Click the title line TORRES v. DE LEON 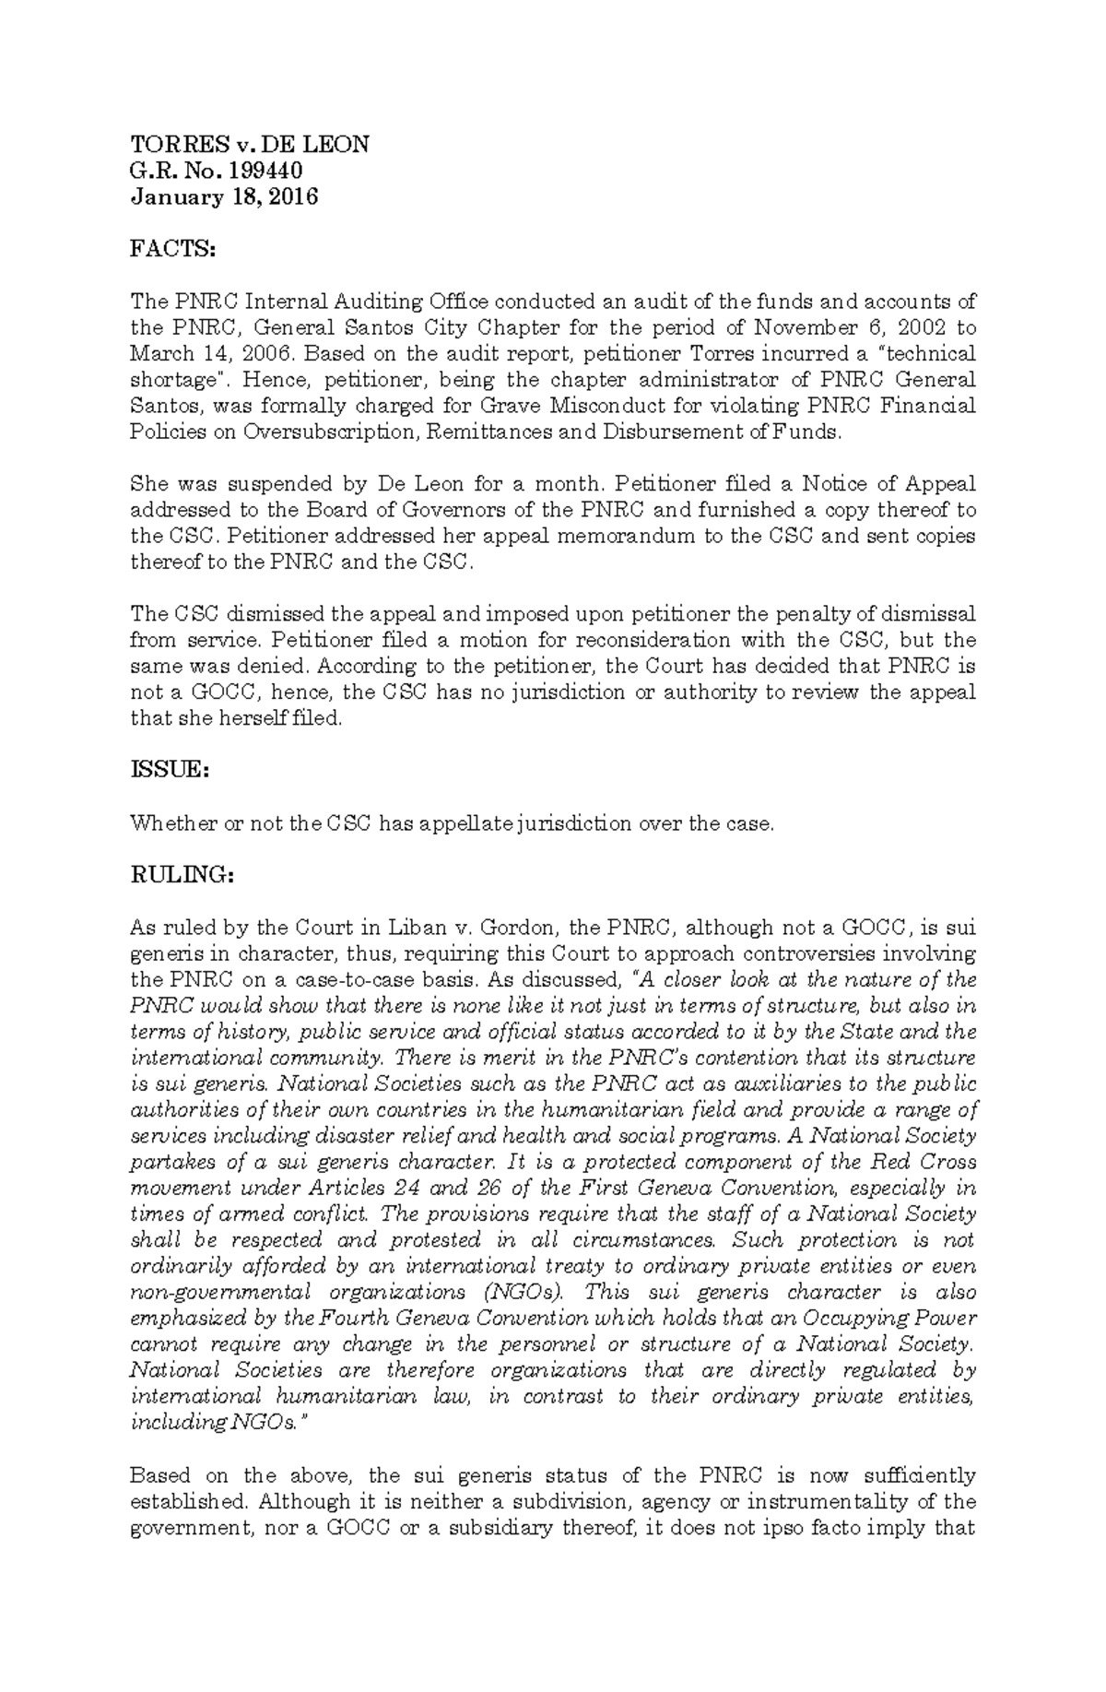point(249,144)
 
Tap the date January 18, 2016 point(224,196)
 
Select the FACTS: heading point(172,249)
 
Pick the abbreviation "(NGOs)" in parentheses point(520,1292)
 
